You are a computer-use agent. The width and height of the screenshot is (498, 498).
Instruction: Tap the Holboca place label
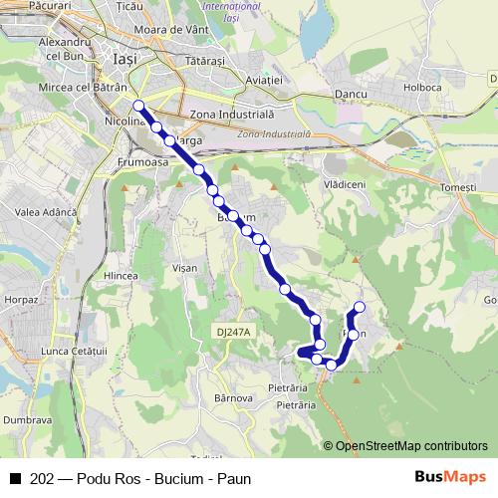(422, 87)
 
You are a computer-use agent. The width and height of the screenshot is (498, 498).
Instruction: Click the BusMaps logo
(449, 477)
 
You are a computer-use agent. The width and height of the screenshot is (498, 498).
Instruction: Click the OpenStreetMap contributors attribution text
(412, 446)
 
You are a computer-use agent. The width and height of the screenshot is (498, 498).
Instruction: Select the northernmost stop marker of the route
(138, 106)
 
